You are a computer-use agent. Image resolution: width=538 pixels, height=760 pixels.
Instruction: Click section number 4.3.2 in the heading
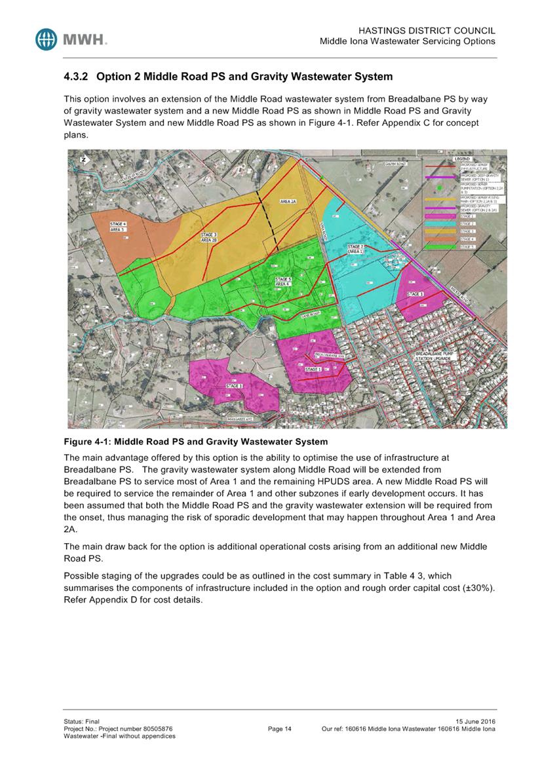coord(77,77)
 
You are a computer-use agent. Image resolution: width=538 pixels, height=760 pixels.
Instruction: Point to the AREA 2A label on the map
coord(289,202)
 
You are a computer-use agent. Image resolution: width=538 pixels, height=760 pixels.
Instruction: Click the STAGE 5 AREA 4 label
coord(283,282)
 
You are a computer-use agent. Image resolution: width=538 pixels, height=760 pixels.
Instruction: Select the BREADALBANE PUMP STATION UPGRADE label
coord(438,357)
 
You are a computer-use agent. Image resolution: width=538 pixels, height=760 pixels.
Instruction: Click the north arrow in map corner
coord(83,160)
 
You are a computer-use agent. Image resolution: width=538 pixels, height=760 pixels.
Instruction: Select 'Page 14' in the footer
coord(280,729)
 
